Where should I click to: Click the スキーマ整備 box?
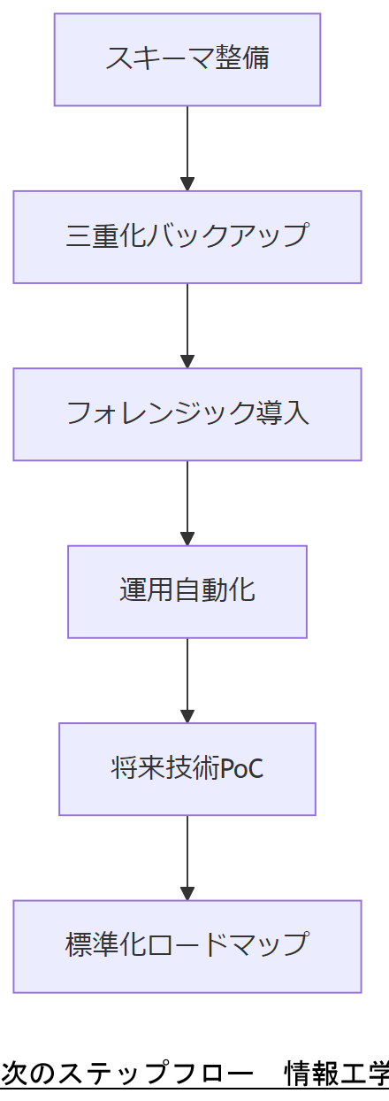[187, 59]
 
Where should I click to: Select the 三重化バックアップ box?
[187, 236]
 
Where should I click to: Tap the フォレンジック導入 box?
[187, 414]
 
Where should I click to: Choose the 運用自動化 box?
[187, 591]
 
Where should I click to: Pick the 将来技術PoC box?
[187, 768]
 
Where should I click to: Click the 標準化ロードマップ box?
[187, 946]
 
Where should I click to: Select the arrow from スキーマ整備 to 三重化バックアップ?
[187, 146]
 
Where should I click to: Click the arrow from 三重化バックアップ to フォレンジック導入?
[187, 323]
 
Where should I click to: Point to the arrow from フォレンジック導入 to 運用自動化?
[187, 500]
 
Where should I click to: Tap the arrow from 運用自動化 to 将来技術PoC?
[187, 678]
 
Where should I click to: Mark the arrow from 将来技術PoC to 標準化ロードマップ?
[187, 855]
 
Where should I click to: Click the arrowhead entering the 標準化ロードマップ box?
[187, 893]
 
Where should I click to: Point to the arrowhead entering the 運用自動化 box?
[187, 538]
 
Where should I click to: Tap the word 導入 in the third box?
[285, 414]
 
